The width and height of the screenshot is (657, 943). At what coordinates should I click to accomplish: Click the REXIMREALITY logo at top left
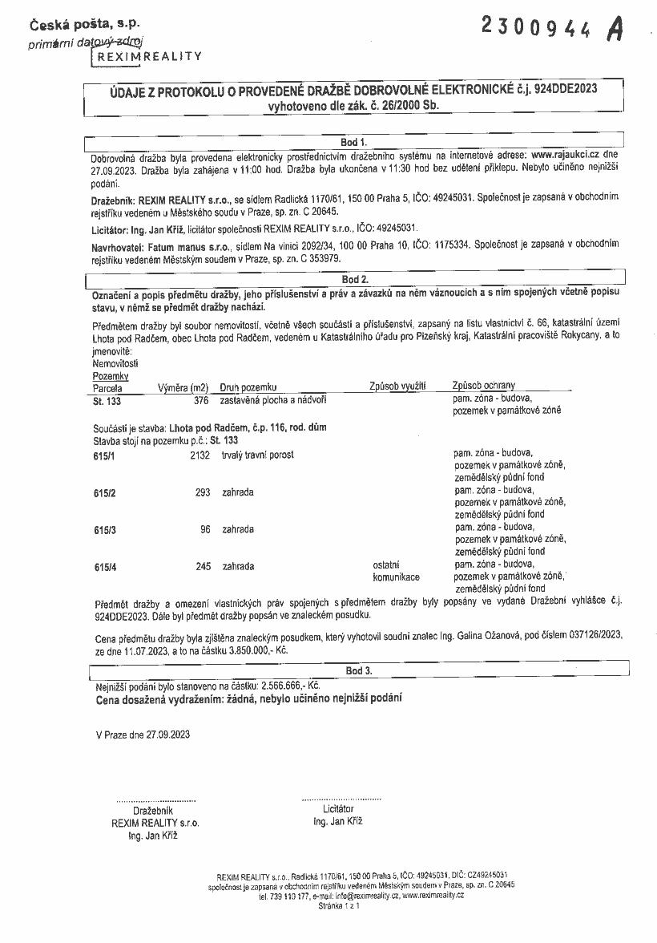149,56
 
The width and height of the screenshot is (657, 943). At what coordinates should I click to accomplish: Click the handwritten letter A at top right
615,29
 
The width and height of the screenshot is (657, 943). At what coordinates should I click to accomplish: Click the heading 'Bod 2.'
354,280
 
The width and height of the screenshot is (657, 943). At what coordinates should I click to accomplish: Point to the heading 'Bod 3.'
358,670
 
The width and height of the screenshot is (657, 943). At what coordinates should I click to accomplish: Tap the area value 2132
199,455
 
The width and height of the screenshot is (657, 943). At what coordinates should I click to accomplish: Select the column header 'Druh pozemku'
248,387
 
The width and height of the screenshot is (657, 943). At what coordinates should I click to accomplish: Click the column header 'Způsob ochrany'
484,386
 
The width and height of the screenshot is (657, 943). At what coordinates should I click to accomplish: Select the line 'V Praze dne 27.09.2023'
143,734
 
